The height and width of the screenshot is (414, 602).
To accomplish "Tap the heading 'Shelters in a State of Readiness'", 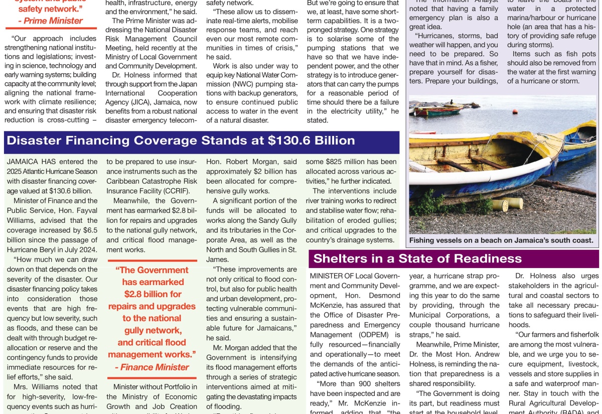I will [x=417, y=258].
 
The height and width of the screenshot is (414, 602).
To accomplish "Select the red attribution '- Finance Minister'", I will [x=152, y=367].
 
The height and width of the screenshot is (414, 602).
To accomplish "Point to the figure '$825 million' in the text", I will [x=344, y=161].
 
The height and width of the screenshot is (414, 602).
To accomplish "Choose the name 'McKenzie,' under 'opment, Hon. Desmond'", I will [x=330, y=305].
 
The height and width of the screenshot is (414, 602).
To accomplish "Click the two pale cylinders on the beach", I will [x=508, y=203].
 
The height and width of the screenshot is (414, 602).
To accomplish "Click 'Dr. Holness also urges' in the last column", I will [x=557, y=276].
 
